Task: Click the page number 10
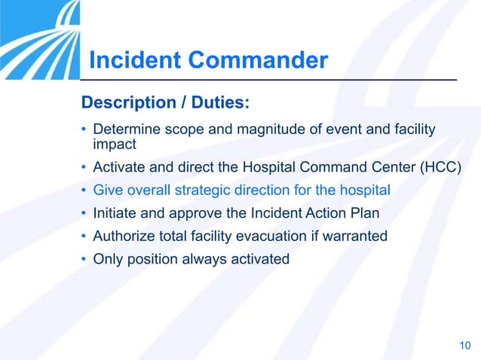click(464, 346)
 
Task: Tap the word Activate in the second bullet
click(118, 166)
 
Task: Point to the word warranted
click(355, 236)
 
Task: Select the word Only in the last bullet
click(107, 259)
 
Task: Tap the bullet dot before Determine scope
click(84, 131)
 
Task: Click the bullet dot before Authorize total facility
click(84, 236)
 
